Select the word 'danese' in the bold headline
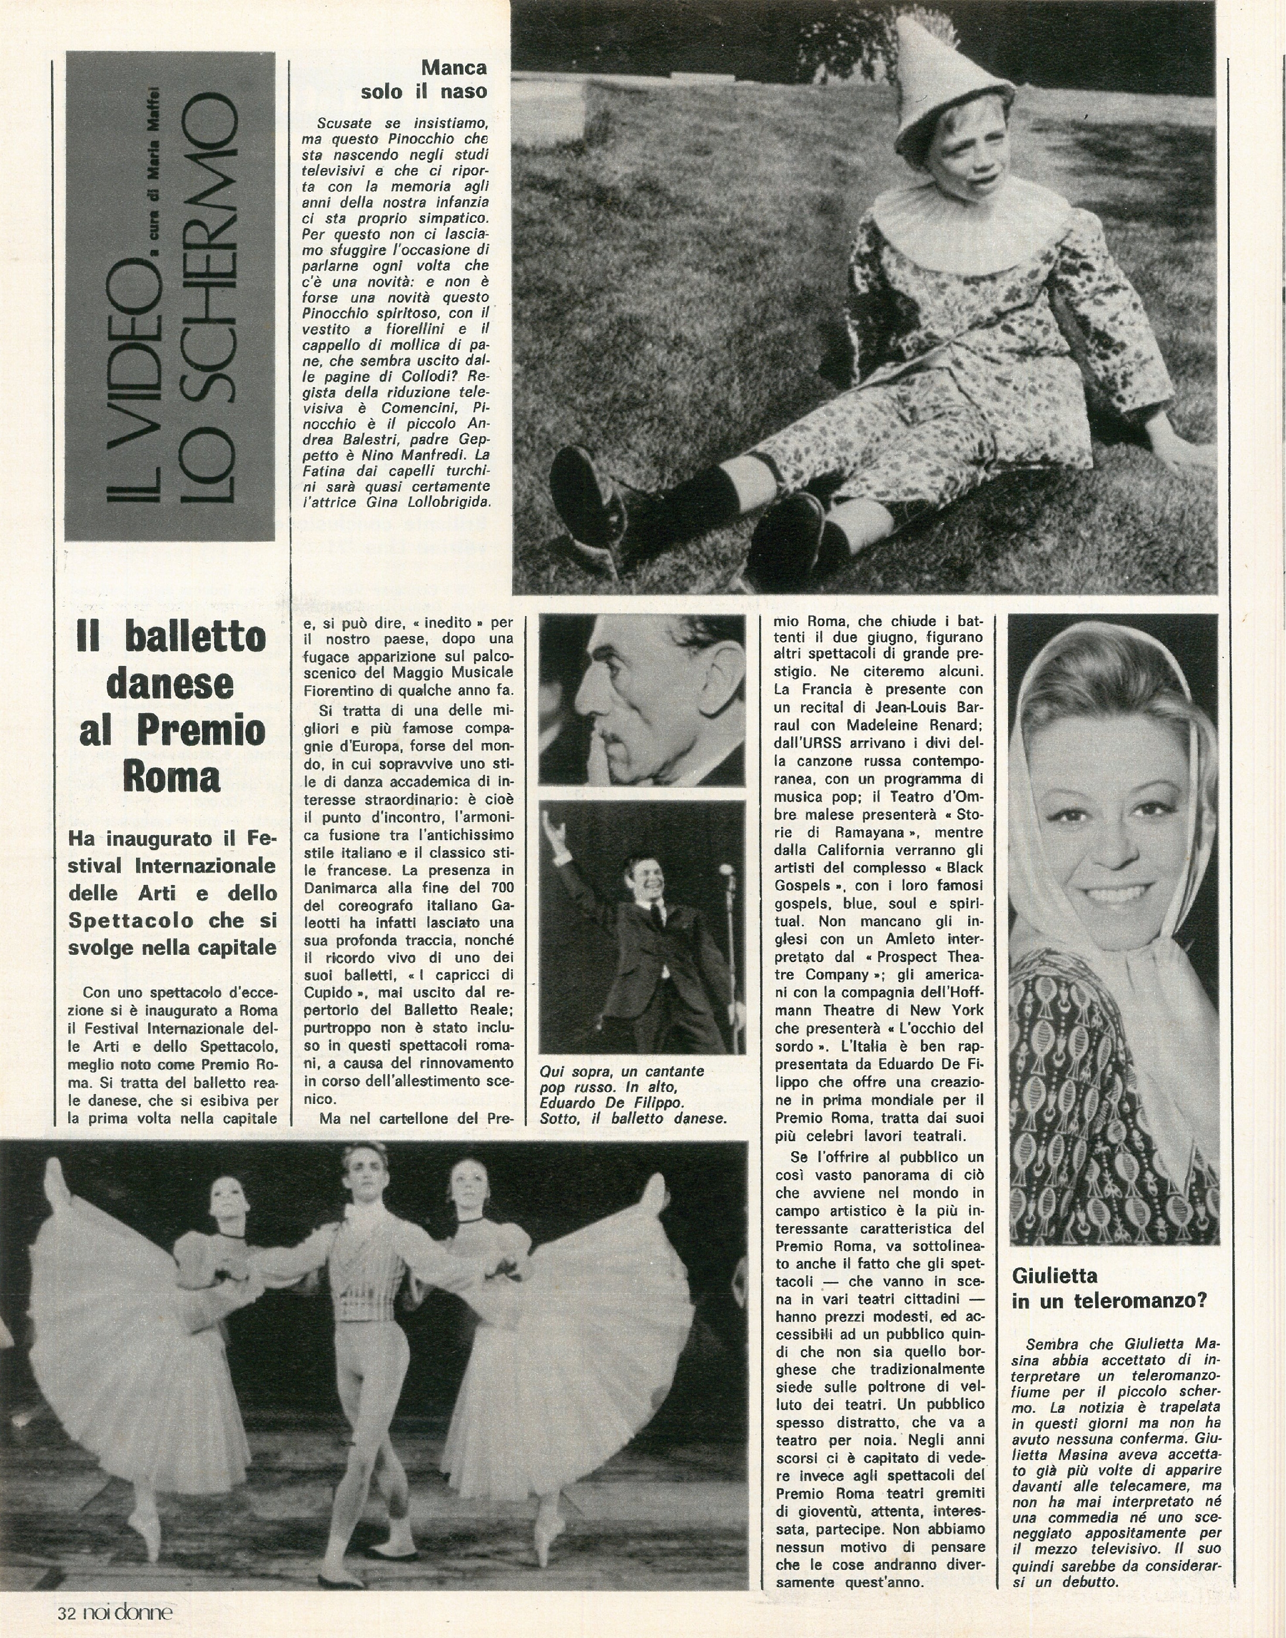coord(171,684)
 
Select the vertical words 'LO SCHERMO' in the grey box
coord(211,301)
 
